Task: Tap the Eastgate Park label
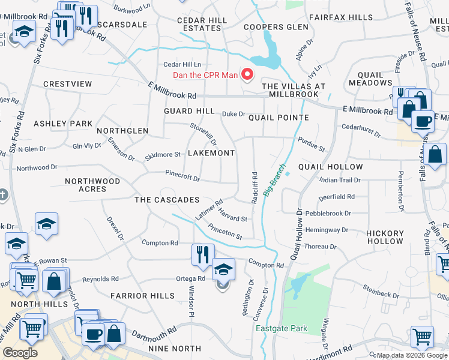pos(282,328)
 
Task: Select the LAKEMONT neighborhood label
pos(211,153)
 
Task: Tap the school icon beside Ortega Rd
pos(223,270)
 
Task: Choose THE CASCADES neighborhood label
pos(166,199)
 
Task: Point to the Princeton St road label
pos(224,232)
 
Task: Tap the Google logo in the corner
pos(20,353)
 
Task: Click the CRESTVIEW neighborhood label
pos(67,85)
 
